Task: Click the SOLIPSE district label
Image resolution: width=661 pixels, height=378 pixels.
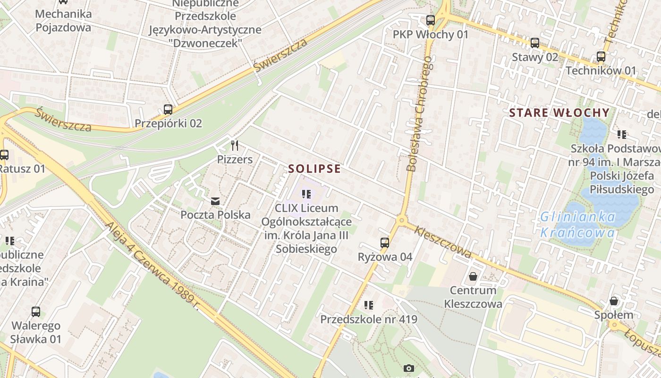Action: tap(314, 169)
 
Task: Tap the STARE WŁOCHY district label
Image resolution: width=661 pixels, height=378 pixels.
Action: tap(559, 112)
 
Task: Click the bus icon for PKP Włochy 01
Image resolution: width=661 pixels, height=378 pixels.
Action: tap(430, 20)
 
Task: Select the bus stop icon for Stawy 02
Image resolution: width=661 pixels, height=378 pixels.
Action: tap(534, 43)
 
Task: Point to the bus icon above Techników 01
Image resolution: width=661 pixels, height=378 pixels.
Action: tap(601, 57)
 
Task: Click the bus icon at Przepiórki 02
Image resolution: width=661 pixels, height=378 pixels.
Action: tap(168, 110)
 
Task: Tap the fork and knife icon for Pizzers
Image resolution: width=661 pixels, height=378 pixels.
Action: tap(235, 145)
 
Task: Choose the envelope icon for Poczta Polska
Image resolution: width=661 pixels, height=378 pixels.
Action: tap(215, 201)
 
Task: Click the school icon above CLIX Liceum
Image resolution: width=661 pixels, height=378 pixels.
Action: tap(306, 194)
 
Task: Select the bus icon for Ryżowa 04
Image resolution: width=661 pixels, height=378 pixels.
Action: tap(385, 243)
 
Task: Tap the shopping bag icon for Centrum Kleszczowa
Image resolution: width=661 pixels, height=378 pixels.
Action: tap(473, 276)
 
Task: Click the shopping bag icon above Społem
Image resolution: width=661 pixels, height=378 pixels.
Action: tap(613, 301)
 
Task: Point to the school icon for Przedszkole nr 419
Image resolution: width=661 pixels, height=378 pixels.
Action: tap(369, 305)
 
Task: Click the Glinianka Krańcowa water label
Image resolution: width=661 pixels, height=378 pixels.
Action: tap(578, 224)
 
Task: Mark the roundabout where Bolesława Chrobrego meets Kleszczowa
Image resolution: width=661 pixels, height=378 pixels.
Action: tap(402, 220)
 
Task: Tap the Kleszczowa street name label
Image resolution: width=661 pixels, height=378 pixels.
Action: tap(443, 241)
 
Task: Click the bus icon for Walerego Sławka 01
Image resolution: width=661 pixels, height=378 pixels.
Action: tap(36, 312)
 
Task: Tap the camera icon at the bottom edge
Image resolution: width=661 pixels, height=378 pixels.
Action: tap(408, 368)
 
